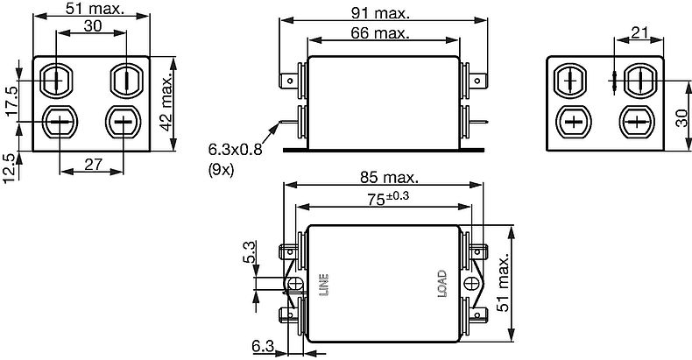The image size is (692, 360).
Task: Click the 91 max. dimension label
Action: pos(380,13)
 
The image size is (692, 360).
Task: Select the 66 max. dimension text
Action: pos(380,32)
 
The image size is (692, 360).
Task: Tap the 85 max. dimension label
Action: pos(388,177)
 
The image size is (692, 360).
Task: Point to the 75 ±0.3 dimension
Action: pos(388,199)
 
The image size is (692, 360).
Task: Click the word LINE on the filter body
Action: pos(324,285)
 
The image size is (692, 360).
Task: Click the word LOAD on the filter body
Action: pos(441,284)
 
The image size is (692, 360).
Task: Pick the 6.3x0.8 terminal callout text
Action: pos(236,150)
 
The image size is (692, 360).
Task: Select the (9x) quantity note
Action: pos(221,170)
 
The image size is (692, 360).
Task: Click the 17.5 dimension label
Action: pos(12,102)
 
